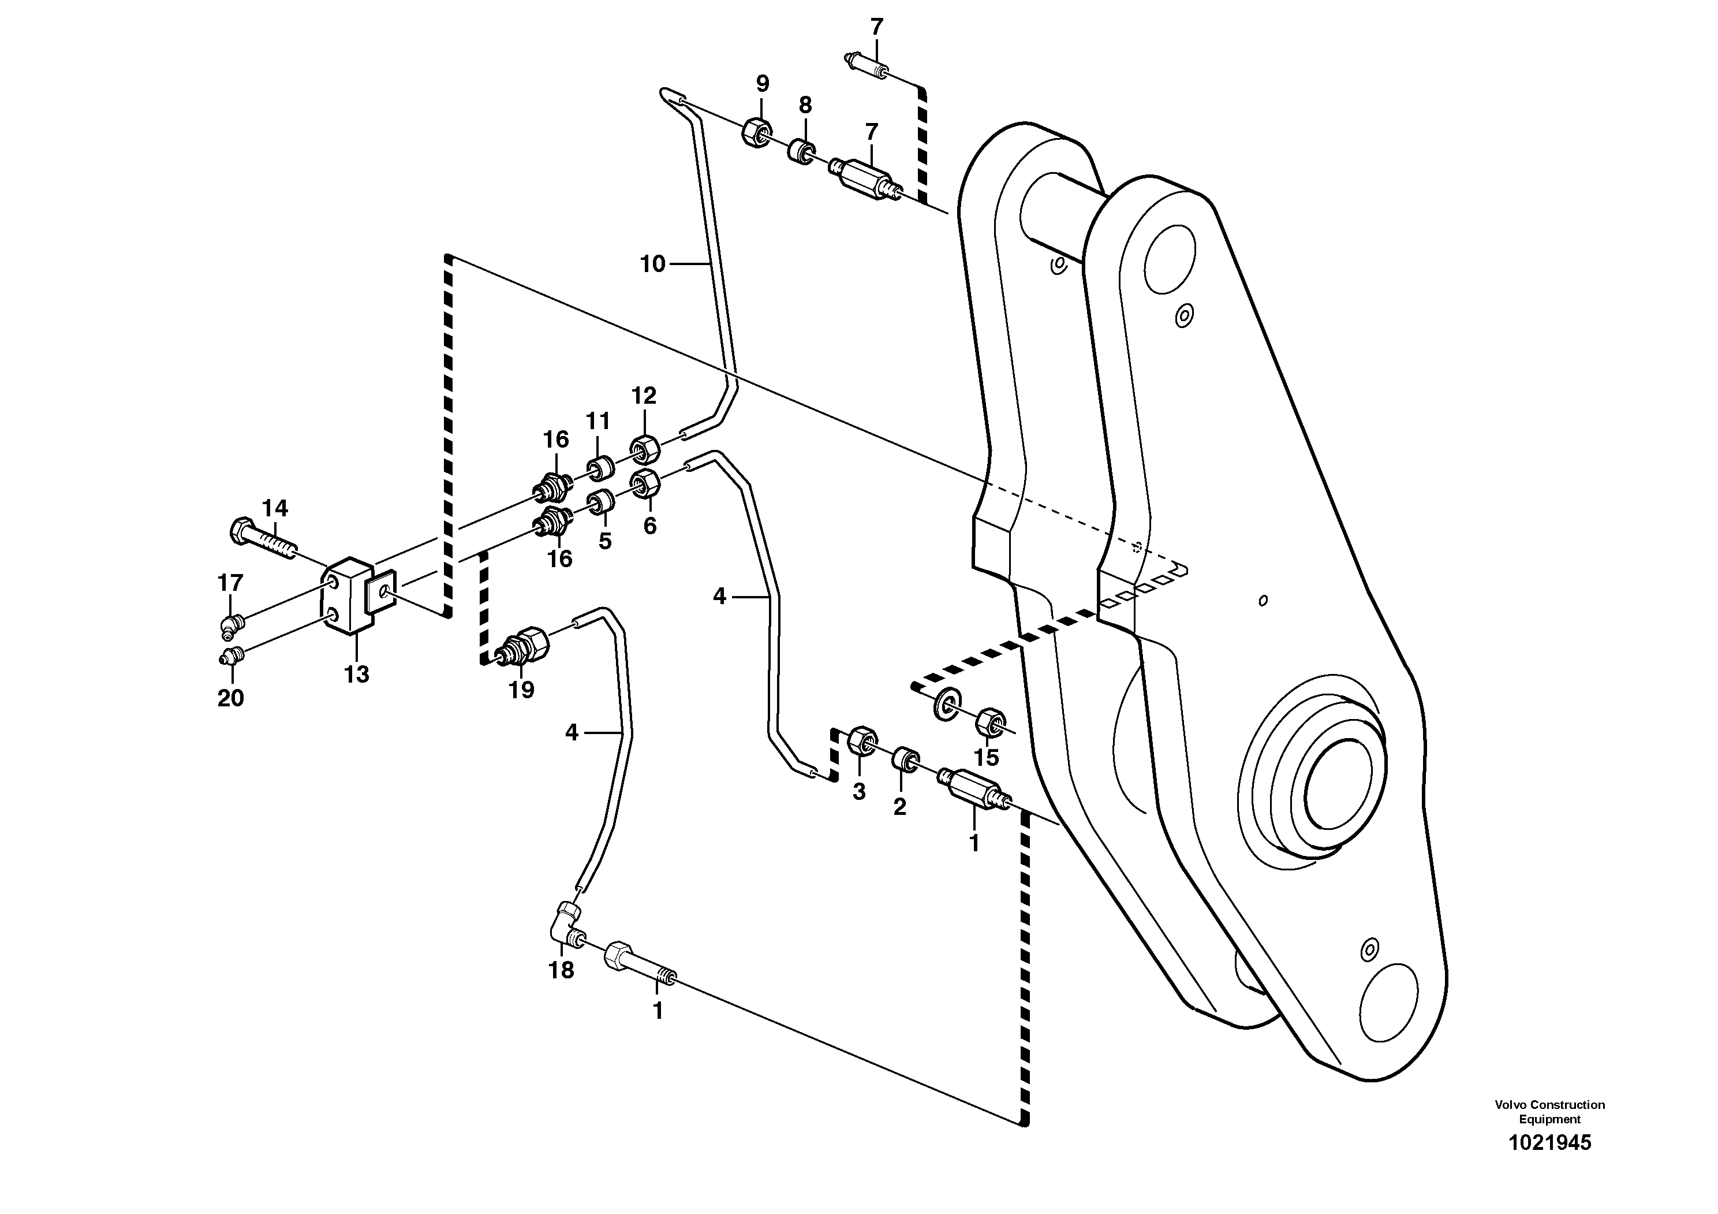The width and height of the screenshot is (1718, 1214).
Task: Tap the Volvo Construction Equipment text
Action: (x=1549, y=1111)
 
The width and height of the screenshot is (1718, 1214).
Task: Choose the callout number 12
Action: (x=644, y=395)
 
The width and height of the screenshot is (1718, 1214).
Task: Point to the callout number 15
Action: (x=986, y=757)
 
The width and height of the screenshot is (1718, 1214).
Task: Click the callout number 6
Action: (x=649, y=526)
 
